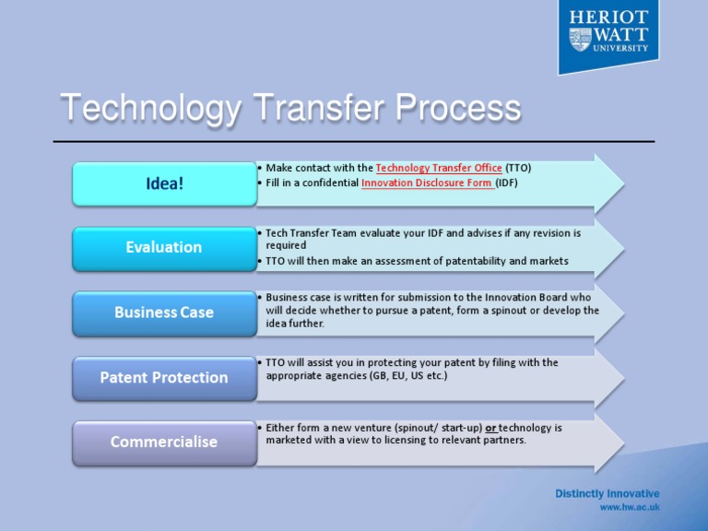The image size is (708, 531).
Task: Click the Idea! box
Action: tap(164, 183)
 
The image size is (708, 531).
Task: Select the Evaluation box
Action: tap(164, 247)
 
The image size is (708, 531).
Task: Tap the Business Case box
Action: tap(164, 313)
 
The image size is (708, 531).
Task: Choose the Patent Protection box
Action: tap(164, 377)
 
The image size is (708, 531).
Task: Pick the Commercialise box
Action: tap(164, 442)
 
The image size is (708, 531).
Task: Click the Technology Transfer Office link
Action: tap(439, 168)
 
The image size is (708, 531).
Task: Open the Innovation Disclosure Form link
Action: tap(427, 183)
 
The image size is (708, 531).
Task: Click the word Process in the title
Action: tap(458, 110)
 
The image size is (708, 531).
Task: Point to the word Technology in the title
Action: tap(148, 110)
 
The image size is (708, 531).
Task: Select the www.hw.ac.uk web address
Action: tap(630, 507)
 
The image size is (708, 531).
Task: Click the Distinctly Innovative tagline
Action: tap(607, 493)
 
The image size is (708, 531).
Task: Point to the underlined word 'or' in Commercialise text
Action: tap(490, 428)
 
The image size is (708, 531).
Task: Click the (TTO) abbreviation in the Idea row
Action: tap(518, 168)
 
